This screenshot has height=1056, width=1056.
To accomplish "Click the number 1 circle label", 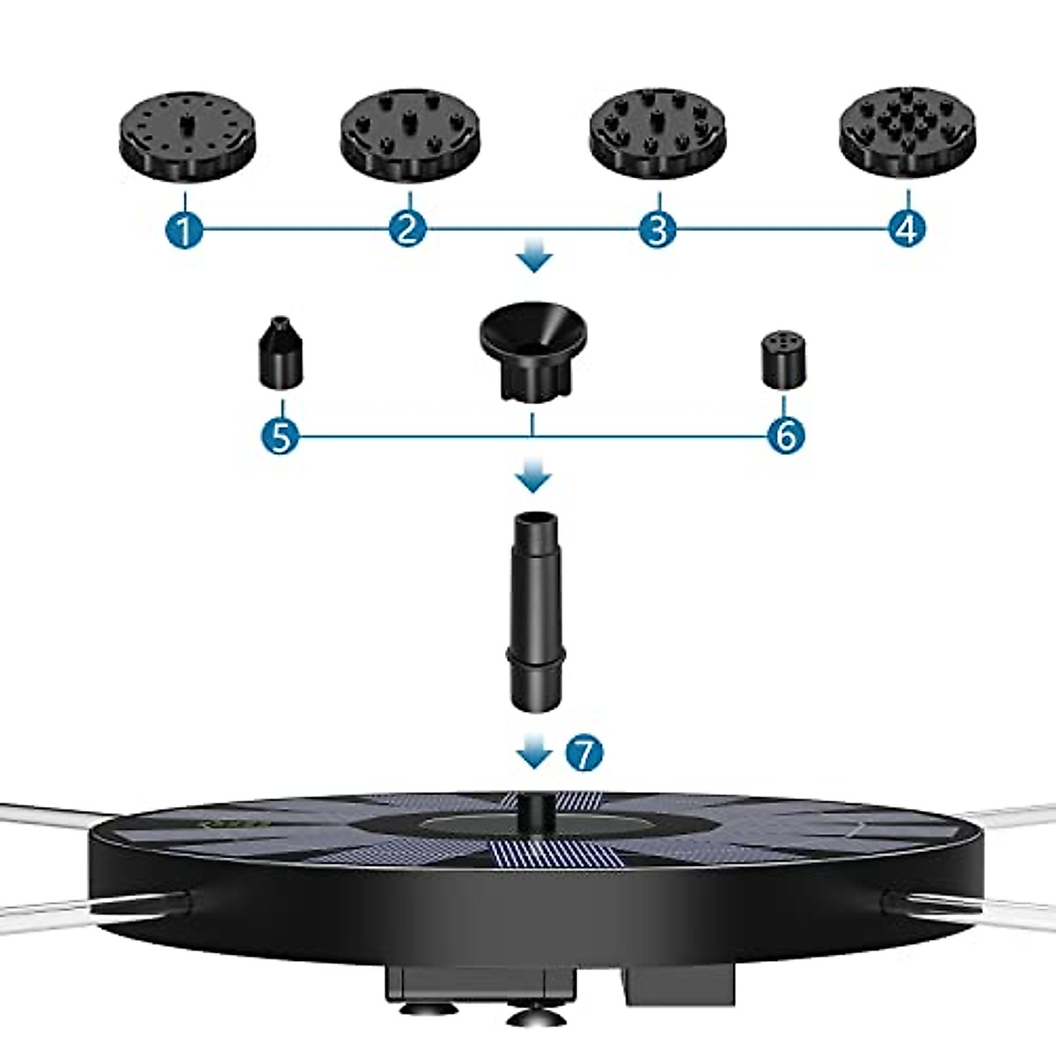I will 184,231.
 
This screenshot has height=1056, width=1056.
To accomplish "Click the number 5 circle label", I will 281,436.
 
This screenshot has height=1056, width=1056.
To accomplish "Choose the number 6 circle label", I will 785,435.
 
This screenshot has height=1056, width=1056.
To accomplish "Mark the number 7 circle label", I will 585,753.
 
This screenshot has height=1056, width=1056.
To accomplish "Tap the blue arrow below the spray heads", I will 534,260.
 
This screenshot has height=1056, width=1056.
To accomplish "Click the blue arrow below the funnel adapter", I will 533,480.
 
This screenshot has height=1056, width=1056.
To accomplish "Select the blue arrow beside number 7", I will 534,754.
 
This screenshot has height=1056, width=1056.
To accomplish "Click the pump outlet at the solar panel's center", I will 532,810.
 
